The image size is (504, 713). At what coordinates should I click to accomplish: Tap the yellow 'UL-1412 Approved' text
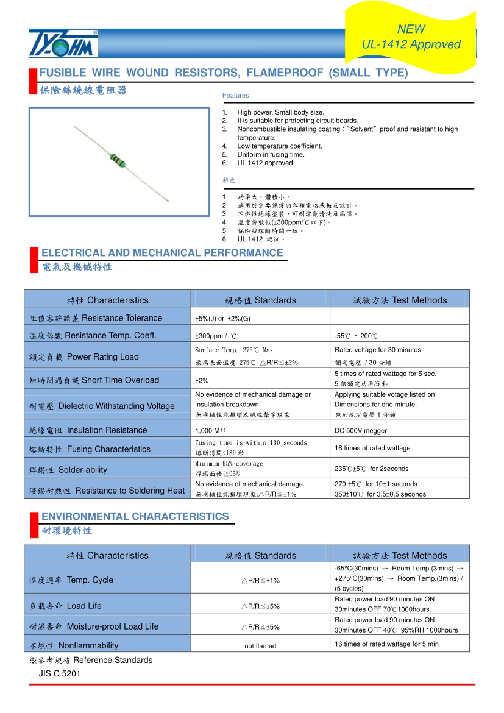(x=411, y=44)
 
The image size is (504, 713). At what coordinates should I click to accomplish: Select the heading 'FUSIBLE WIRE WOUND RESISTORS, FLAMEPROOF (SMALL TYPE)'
(x=224, y=73)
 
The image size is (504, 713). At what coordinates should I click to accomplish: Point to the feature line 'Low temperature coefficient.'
(x=280, y=146)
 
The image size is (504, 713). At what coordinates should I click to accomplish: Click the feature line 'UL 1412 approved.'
(x=266, y=163)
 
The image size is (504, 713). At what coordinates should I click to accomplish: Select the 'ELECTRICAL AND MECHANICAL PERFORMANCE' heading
(x=162, y=253)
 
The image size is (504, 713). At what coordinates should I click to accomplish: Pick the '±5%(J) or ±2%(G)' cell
(x=222, y=319)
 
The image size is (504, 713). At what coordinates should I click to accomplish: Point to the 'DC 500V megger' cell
(x=361, y=431)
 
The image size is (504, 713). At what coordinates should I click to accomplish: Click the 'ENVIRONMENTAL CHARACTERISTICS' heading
(x=135, y=517)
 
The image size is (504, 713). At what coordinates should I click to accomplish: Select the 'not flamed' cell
(x=260, y=646)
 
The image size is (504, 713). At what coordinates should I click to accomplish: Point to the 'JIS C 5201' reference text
(x=59, y=673)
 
